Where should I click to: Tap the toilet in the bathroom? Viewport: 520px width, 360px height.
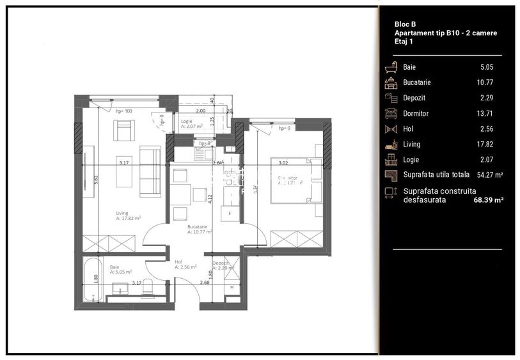point(147,288)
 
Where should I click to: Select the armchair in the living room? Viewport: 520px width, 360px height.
point(124,130)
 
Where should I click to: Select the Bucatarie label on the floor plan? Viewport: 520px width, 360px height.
point(197,227)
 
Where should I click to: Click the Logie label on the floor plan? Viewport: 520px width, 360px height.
point(187,121)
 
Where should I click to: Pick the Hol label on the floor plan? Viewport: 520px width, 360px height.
point(179,261)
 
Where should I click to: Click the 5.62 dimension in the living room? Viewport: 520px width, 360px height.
point(96,180)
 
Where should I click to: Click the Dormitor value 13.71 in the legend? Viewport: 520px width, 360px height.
point(487,113)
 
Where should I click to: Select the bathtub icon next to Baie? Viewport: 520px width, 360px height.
point(390,67)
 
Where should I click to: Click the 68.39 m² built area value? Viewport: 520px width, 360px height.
point(486,200)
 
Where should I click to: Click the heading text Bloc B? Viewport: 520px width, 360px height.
point(406,24)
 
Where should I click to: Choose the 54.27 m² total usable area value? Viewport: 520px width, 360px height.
point(488,175)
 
